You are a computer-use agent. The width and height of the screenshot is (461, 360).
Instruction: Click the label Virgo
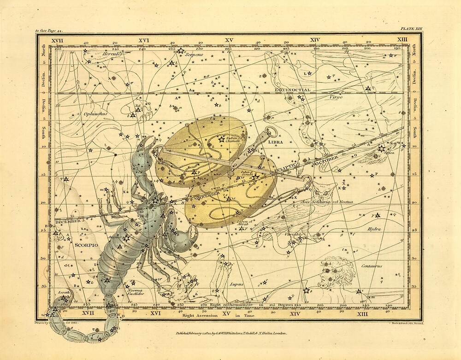(x=336, y=97)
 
